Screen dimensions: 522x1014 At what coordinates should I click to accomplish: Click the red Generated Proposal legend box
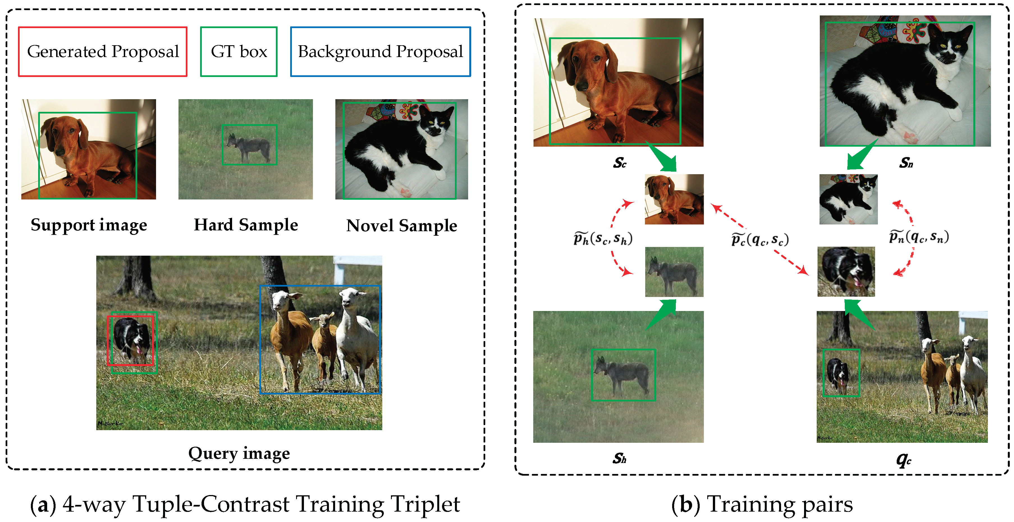click(103, 52)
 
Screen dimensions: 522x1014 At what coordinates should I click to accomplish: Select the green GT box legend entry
click(239, 52)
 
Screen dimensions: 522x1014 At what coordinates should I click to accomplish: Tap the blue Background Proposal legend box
click(380, 52)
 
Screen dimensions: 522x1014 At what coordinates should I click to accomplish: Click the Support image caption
click(89, 225)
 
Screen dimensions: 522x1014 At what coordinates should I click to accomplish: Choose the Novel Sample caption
click(402, 226)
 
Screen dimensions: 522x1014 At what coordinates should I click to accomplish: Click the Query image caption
click(239, 453)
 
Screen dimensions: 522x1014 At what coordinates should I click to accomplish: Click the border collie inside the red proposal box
click(131, 340)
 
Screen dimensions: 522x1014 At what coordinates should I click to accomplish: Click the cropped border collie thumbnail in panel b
click(846, 272)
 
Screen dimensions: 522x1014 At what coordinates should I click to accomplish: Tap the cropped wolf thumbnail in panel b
click(674, 272)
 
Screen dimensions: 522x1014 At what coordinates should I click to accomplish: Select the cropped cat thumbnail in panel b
click(848, 199)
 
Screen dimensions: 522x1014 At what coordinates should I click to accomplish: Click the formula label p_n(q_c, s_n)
click(919, 237)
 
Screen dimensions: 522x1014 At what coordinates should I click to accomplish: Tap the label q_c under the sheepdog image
click(903, 459)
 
